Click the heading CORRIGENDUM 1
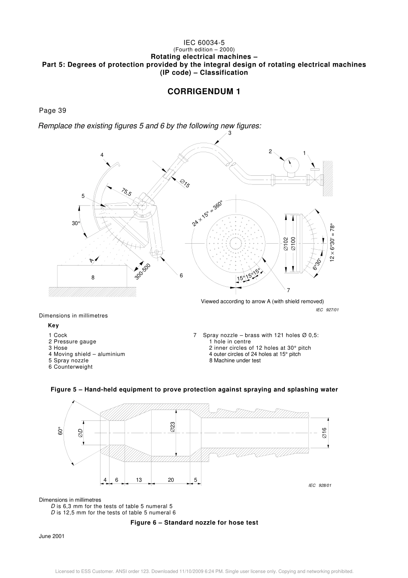pos(204,92)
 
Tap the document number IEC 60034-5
pos(204,43)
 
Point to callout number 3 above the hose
pos(230,133)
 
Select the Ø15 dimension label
pos(185,183)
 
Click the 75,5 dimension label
pos(126,192)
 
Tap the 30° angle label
pos(76,223)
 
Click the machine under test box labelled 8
pos(92,277)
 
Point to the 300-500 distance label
pos(143,272)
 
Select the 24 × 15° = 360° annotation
pos(207,213)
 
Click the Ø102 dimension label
pos(286,244)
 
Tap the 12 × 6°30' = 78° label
pos(332,242)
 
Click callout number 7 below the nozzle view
pos(288,290)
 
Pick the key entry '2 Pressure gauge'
pos(72,342)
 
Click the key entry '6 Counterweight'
pos(70,367)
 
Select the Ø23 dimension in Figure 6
pos(172,426)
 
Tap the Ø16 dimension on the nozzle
pos(324,433)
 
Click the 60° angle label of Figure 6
pos(61,431)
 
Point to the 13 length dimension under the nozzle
pos(139,480)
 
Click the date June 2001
pos(52,536)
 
